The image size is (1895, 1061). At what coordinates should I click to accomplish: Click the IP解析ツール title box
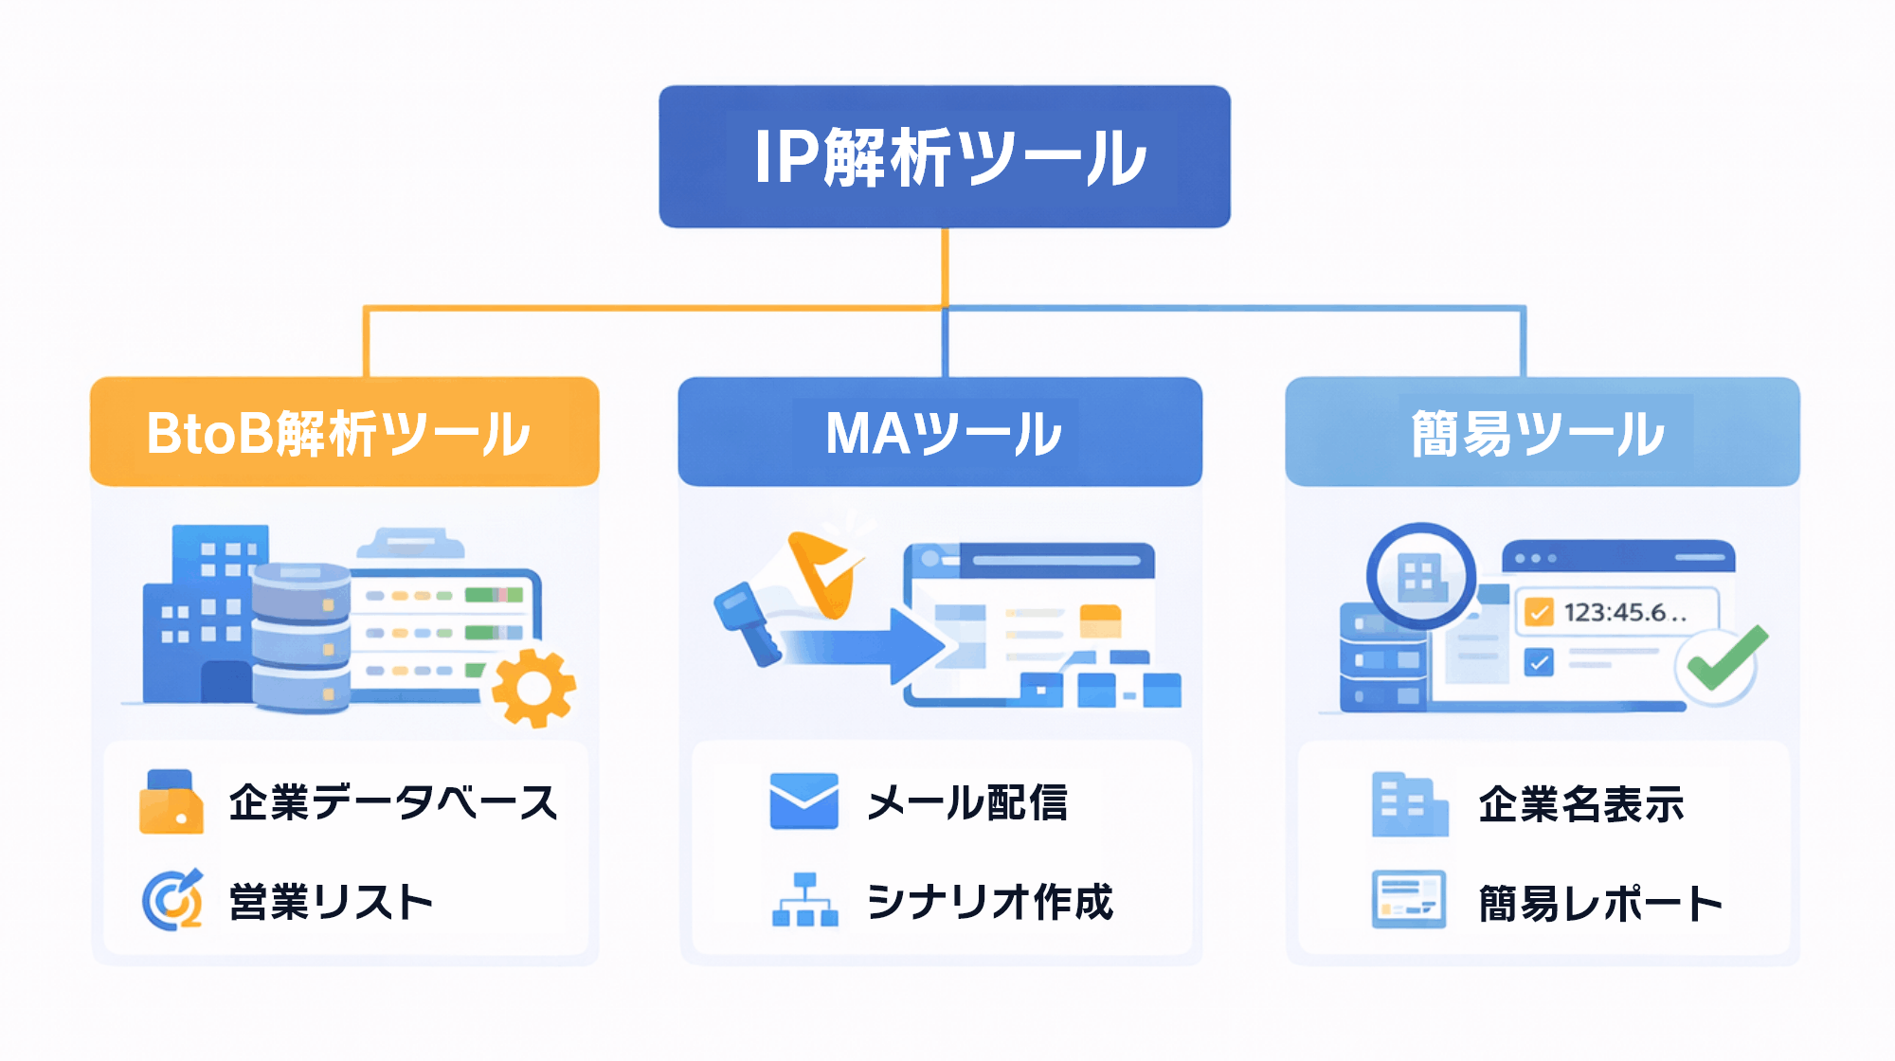(945, 156)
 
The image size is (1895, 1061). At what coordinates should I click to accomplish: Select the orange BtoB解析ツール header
(344, 432)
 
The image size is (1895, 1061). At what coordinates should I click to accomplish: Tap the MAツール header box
(940, 432)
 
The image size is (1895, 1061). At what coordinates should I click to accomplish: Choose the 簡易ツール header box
(1542, 432)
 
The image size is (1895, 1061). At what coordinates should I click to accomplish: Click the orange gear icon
(532, 688)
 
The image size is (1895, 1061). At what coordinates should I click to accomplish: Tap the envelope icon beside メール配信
(803, 801)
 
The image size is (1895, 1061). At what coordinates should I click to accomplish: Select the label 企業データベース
(393, 802)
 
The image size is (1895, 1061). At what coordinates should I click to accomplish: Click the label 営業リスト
(332, 902)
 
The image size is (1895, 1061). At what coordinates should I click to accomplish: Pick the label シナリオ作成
(990, 902)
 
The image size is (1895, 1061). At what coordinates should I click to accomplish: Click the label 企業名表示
(1581, 804)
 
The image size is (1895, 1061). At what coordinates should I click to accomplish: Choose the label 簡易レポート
(1600, 904)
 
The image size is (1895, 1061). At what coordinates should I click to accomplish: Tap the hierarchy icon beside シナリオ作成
(804, 900)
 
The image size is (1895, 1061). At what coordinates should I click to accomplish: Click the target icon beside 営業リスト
(172, 900)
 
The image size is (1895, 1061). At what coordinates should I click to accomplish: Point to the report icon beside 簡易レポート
(1409, 899)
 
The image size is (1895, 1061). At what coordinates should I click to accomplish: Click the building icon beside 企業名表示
(1409, 805)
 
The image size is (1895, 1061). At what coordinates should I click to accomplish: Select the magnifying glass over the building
(1420, 575)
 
